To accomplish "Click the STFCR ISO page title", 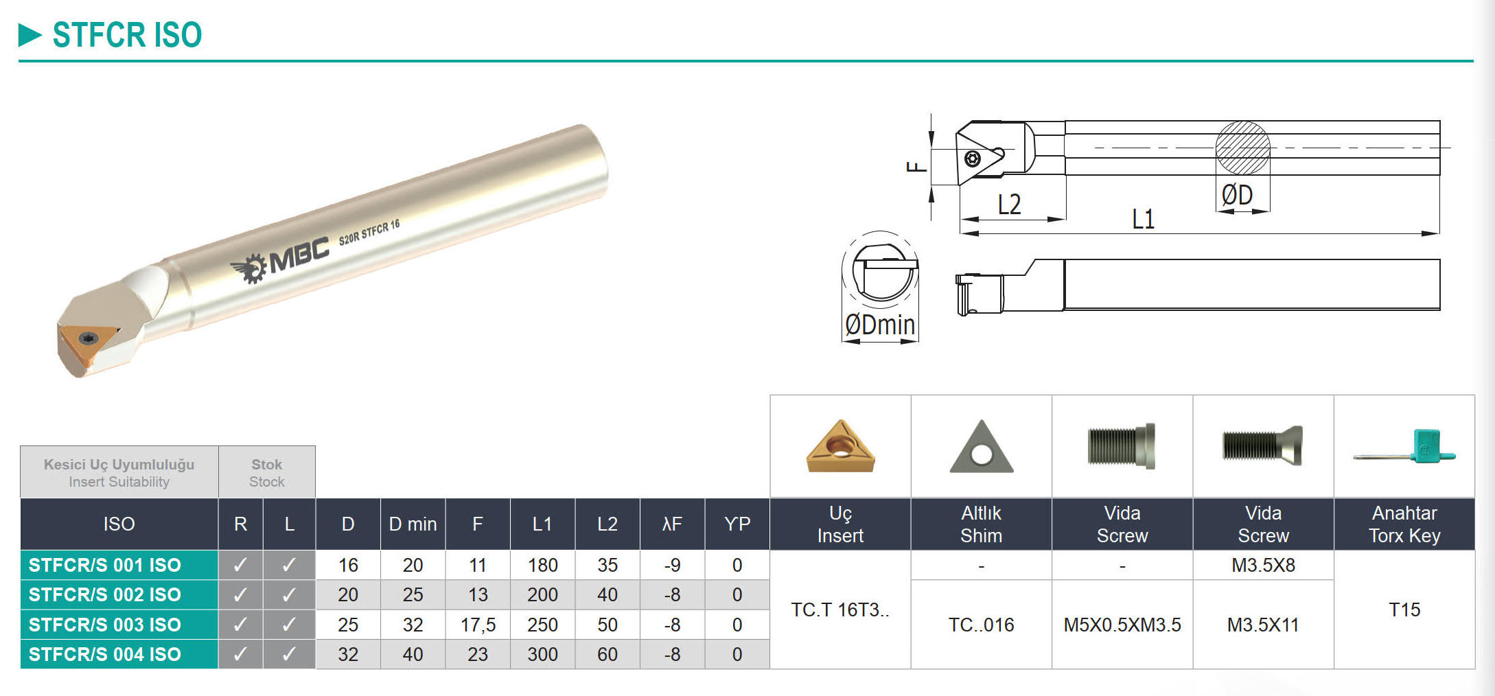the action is tap(127, 34).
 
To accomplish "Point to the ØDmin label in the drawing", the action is tap(880, 325).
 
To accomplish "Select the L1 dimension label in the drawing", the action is tap(1143, 219).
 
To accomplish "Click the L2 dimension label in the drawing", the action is tap(1009, 205).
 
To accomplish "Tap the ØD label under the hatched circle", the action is tap(1237, 195).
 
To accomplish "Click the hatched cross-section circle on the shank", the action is tap(1242, 148).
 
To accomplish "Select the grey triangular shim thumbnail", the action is tap(982, 447).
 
